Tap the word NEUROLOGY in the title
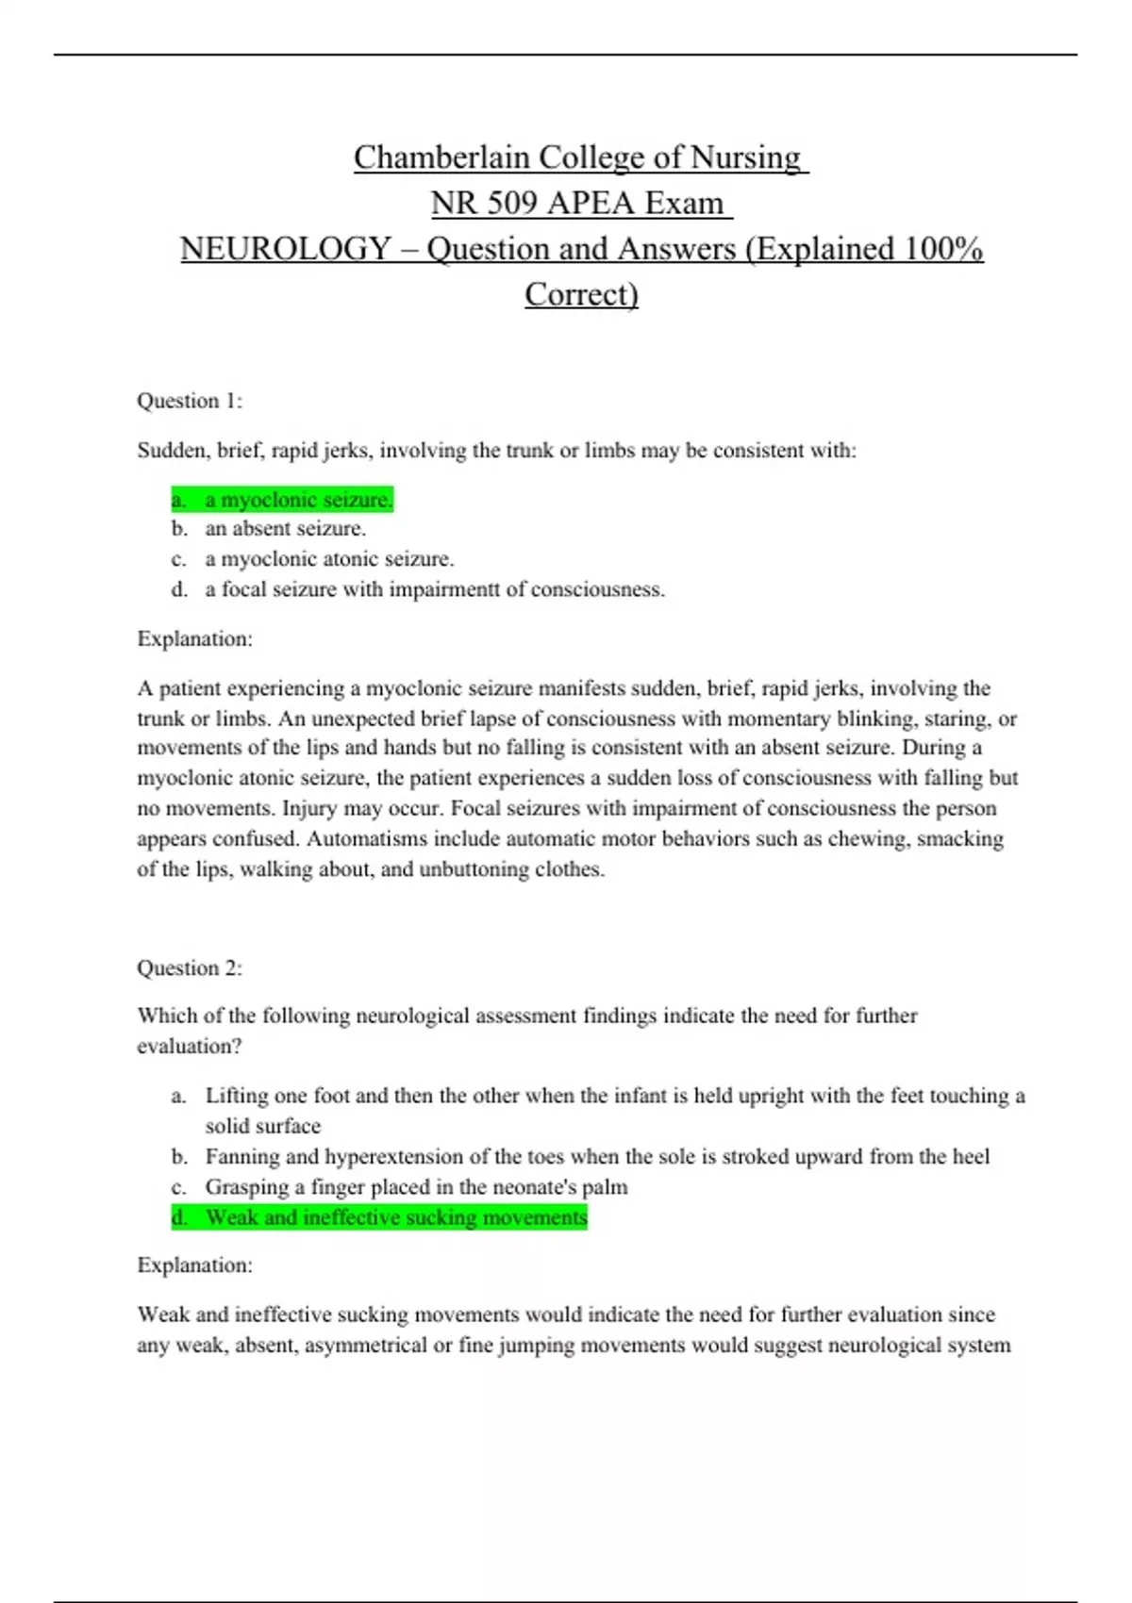click(285, 249)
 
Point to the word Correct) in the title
click(581, 294)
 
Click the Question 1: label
click(190, 401)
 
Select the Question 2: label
click(190, 967)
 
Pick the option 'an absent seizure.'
click(285, 528)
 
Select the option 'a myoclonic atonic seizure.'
click(329, 559)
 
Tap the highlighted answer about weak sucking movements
click(395, 1217)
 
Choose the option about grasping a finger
click(416, 1186)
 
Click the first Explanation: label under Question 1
click(194, 638)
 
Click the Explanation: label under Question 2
click(194, 1264)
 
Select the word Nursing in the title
click(745, 157)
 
